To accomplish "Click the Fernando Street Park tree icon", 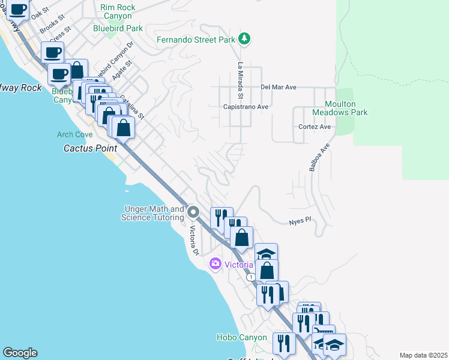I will [x=244, y=40].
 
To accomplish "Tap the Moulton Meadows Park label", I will [x=340, y=107].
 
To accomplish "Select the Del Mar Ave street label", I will [x=279, y=87].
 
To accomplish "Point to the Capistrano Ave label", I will [x=246, y=107].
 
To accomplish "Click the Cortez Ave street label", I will [x=315, y=127].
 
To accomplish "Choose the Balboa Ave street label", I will [x=319, y=158].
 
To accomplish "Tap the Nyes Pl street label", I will [x=300, y=220].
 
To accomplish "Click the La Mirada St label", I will [x=240, y=80].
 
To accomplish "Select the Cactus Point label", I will [x=90, y=148].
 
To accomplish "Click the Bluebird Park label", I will [x=118, y=28].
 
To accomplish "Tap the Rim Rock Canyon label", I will [x=118, y=11].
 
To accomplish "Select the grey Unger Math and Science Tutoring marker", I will [x=193, y=212].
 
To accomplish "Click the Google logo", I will [x=20, y=353].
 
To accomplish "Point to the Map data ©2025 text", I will [x=423, y=355].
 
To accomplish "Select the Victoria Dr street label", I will [x=193, y=240].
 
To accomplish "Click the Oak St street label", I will [x=40, y=12].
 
